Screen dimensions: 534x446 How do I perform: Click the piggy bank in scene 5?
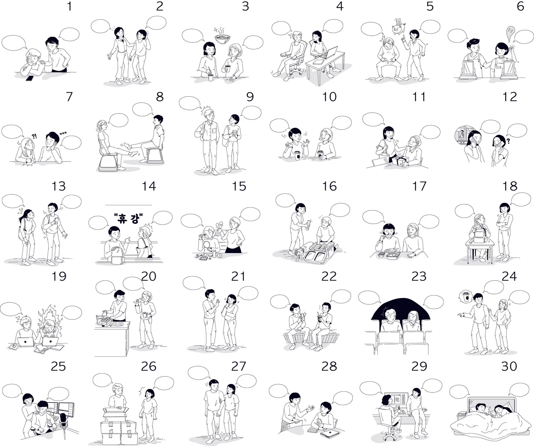tap(397, 29)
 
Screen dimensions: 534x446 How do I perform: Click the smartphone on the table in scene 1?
tap(30, 78)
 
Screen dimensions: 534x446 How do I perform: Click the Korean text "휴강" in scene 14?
tap(128, 219)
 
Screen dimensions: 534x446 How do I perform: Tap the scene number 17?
tap(419, 186)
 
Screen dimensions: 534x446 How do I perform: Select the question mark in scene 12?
tap(508, 141)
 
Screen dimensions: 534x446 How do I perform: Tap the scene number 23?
tap(419, 276)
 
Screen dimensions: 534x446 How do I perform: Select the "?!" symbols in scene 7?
tap(35, 136)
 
